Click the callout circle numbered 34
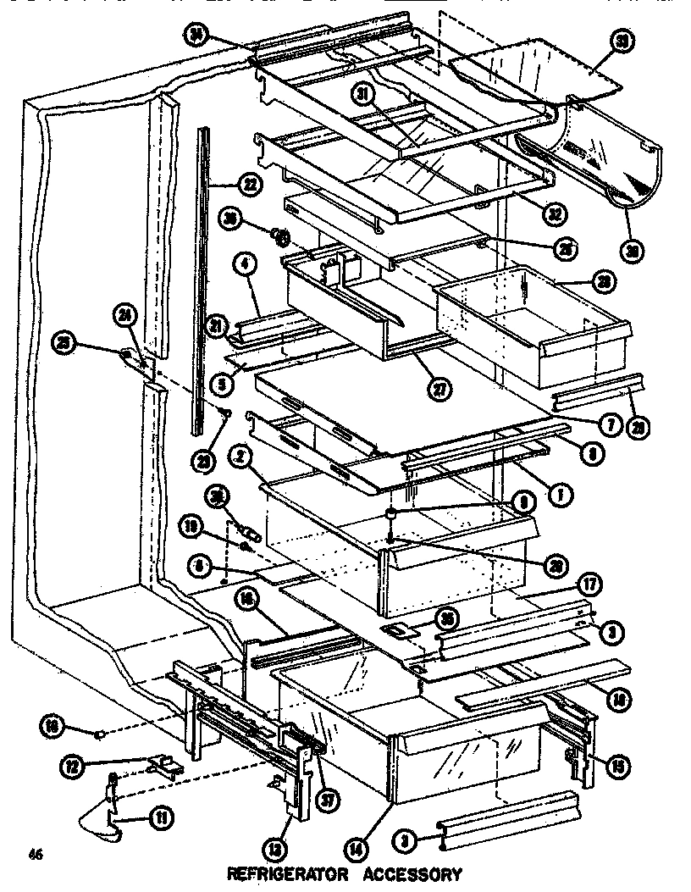[196, 33]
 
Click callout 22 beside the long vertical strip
[248, 182]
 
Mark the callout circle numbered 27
[440, 391]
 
